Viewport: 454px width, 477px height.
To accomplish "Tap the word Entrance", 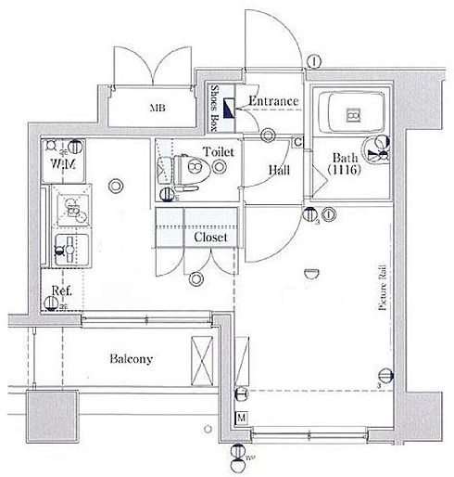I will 273,101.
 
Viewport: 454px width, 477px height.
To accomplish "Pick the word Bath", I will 345,159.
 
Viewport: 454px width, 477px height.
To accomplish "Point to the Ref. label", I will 62,291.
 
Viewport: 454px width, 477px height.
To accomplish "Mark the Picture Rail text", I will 381,289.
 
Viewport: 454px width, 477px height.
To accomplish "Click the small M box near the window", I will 243,418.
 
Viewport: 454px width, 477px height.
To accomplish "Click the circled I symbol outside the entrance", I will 316,61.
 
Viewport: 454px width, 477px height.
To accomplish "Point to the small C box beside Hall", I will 298,142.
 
